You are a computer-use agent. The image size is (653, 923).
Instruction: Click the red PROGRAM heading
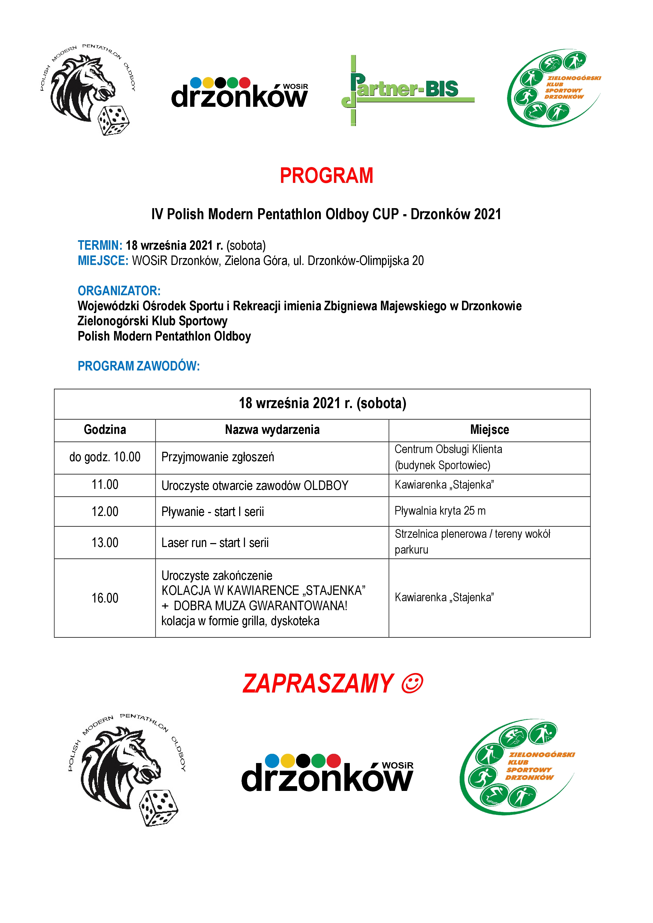click(x=326, y=176)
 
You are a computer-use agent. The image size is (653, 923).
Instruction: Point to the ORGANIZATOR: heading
click(x=119, y=291)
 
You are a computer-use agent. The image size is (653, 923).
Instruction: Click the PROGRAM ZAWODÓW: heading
click(x=138, y=366)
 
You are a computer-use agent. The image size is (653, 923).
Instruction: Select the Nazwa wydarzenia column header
click(x=272, y=430)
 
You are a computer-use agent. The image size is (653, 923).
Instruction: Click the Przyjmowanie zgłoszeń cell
click(x=218, y=457)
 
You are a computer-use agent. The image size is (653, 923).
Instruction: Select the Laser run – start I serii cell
click(x=215, y=543)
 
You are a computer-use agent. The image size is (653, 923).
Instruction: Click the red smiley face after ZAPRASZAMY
click(x=412, y=683)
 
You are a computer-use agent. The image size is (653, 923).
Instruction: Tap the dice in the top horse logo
click(x=114, y=120)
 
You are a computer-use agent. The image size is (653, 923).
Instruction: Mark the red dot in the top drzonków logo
click(x=245, y=83)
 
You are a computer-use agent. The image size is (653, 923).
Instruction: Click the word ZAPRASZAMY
click(x=318, y=684)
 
